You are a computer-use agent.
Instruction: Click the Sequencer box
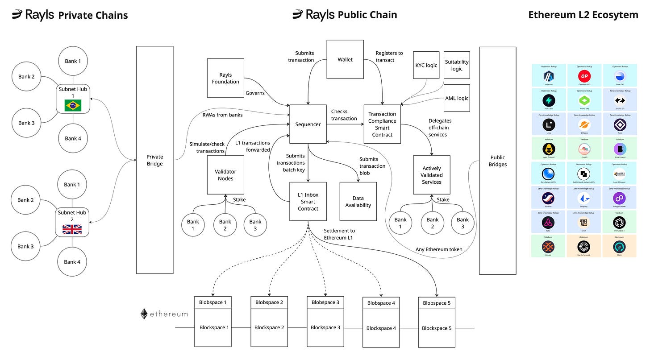[x=308, y=124]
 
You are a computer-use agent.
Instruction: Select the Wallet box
[x=345, y=59]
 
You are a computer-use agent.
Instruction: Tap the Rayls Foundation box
[x=225, y=78]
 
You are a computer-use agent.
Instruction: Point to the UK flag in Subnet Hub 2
[x=71, y=229]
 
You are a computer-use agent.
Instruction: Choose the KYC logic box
[x=426, y=66]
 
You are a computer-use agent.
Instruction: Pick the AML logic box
[x=457, y=98]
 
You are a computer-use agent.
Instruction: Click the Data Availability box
[x=358, y=201]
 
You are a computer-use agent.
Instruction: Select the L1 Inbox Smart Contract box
[x=308, y=201]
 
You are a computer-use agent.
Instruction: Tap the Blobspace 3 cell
[x=325, y=302]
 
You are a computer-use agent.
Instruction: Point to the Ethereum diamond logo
[x=144, y=314]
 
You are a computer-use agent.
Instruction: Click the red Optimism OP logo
[x=584, y=75]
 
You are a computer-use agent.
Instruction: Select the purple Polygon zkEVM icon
[x=619, y=198]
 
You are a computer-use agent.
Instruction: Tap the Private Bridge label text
[x=154, y=160]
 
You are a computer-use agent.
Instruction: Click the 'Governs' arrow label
[x=255, y=93]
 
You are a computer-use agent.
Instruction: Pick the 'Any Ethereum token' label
[x=439, y=249]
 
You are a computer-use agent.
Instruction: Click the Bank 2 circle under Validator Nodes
[x=225, y=225]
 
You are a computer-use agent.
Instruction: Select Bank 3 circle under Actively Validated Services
[x=462, y=223]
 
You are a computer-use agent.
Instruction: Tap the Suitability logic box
[x=457, y=65]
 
